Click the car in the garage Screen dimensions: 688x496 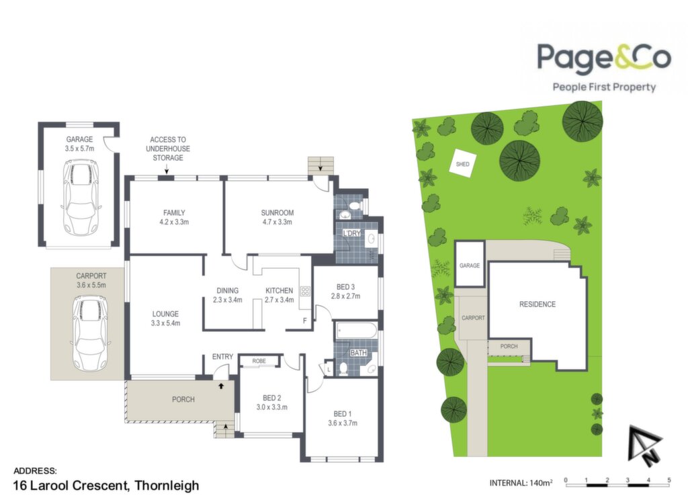pos(81,197)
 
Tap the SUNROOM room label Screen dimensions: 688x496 pos(277,213)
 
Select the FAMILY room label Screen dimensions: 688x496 pos(174,213)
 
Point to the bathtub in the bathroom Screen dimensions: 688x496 pos(356,331)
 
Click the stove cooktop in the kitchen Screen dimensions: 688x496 pos(305,291)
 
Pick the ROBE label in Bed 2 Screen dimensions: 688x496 pos(259,361)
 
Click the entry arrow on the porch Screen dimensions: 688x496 pos(221,386)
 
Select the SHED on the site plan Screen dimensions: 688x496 pos(463,163)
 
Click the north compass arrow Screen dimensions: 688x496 pos(644,445)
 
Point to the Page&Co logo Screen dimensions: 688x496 pos(604,67)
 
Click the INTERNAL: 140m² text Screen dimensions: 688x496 pos(521,483)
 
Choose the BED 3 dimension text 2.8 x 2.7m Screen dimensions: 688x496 pos(346,296)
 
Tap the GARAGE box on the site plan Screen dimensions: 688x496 pos(470,264)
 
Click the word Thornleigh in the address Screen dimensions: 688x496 pos(167,485)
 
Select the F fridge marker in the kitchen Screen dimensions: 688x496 pos(305,321)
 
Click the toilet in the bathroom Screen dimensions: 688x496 pos(343,369)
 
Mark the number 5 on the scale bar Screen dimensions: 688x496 pos(669,480)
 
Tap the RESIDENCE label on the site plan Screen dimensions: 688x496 pos(537,304)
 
